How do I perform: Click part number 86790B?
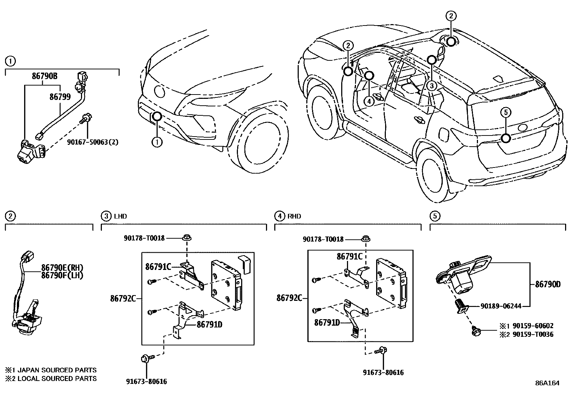pos(45,76)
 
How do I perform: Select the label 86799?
pos(61,96)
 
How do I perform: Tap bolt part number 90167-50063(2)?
pos(93,142)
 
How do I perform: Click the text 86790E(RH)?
pos(62,267)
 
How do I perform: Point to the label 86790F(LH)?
pos(62,275)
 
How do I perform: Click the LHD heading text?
pos(120,216)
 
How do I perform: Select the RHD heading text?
pos(294,216)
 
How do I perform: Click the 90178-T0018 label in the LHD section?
pos(144,238)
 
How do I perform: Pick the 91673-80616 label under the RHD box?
pos(383,372)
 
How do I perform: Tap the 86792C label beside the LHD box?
pos(123,298)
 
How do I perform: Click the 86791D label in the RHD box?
pos(327,323)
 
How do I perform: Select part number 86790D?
pos(548,284)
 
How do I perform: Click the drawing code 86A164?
pos(547,383)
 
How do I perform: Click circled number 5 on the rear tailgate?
pos(506,112)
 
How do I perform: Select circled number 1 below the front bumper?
pos(157,142)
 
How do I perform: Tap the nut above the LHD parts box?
pos(187,238)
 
